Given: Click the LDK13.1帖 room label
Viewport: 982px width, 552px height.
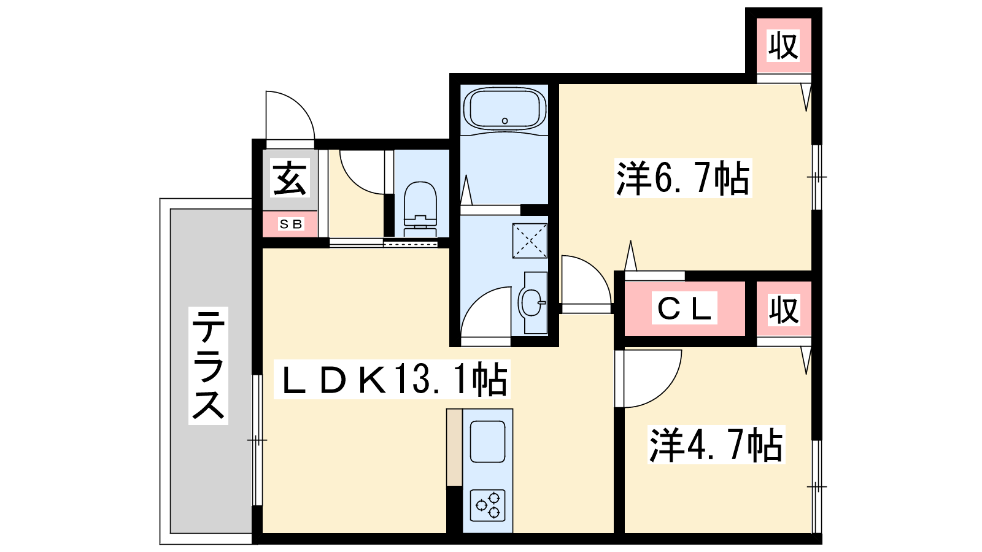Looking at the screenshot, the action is [x=392, y=380].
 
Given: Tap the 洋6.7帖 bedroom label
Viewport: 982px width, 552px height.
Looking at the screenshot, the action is [x=683, y=178].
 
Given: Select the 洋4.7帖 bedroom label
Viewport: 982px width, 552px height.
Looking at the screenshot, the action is [x=716, y=445].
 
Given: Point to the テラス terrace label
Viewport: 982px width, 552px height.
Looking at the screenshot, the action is [x=208, y=366].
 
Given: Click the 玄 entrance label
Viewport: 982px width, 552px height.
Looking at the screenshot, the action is [x=290, y=177].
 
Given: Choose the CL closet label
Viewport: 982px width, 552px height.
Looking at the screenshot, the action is [x=684, y=308].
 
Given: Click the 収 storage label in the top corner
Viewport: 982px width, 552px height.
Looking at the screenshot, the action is [x=783, y=45].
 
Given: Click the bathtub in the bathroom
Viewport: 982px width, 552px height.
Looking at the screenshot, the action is [x=505, y=109].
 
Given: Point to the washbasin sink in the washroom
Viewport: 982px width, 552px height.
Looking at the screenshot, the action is [x=532, y=302].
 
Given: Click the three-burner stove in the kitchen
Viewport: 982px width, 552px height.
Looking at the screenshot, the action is [x=488, y=505].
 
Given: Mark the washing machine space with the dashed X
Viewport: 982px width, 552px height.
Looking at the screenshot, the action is [x=530, y=240].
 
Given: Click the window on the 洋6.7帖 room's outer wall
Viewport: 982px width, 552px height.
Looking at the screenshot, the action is [x=817, y=177].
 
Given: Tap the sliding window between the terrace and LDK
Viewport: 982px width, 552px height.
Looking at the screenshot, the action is [x=257, y=440].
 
